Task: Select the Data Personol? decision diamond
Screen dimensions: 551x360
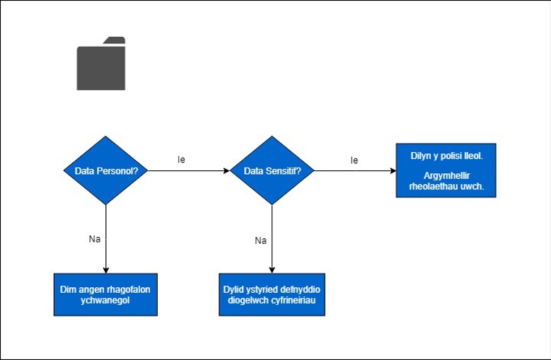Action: pos(106,170)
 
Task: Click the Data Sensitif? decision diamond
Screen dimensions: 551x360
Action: pos(272,170)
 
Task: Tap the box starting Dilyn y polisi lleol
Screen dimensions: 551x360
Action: pos(446,170)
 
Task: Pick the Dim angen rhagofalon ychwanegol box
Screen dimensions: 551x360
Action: pos(105,295)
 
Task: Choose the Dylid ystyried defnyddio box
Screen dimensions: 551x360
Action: pos(272,295)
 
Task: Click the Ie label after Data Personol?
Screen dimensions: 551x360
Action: pos(181,159)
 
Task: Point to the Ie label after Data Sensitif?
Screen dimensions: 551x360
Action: pos(354,161)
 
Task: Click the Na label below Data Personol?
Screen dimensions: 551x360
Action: pos(95,239)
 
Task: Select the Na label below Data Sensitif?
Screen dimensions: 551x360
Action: pos(261,240)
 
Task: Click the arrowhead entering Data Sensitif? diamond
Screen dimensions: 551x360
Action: pos(226,170)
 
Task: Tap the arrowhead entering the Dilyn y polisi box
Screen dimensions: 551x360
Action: pos(393,170)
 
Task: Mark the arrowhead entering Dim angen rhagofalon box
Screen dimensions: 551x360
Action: pos(106,270)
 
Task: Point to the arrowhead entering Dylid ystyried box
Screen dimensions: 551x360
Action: pos(272,270)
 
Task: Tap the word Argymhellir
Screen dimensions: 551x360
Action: pos(446,176)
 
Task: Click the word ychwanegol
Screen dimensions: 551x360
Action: pos(105,301)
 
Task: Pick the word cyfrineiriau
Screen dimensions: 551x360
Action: pos(294,301)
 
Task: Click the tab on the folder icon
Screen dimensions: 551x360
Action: pos(115,40)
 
